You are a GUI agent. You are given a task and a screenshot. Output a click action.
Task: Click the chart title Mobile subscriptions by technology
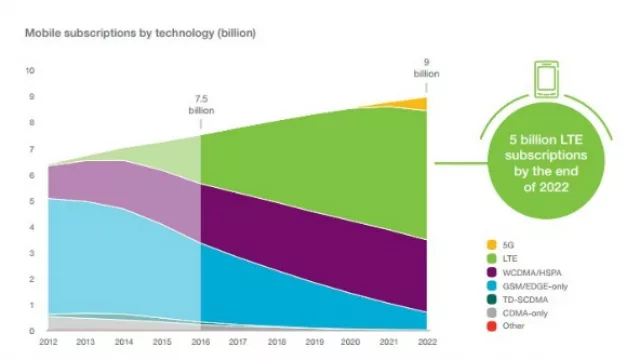point(140,33)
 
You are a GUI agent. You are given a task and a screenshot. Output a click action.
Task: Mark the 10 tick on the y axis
point(31,71)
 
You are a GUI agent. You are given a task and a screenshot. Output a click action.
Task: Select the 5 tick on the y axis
point(33,201)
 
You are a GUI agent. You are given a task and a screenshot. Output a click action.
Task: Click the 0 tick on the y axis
point(33,331)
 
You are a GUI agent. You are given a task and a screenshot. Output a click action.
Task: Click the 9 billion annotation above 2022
point(426,69)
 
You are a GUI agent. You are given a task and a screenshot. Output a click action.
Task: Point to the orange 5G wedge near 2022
point(419,103)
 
